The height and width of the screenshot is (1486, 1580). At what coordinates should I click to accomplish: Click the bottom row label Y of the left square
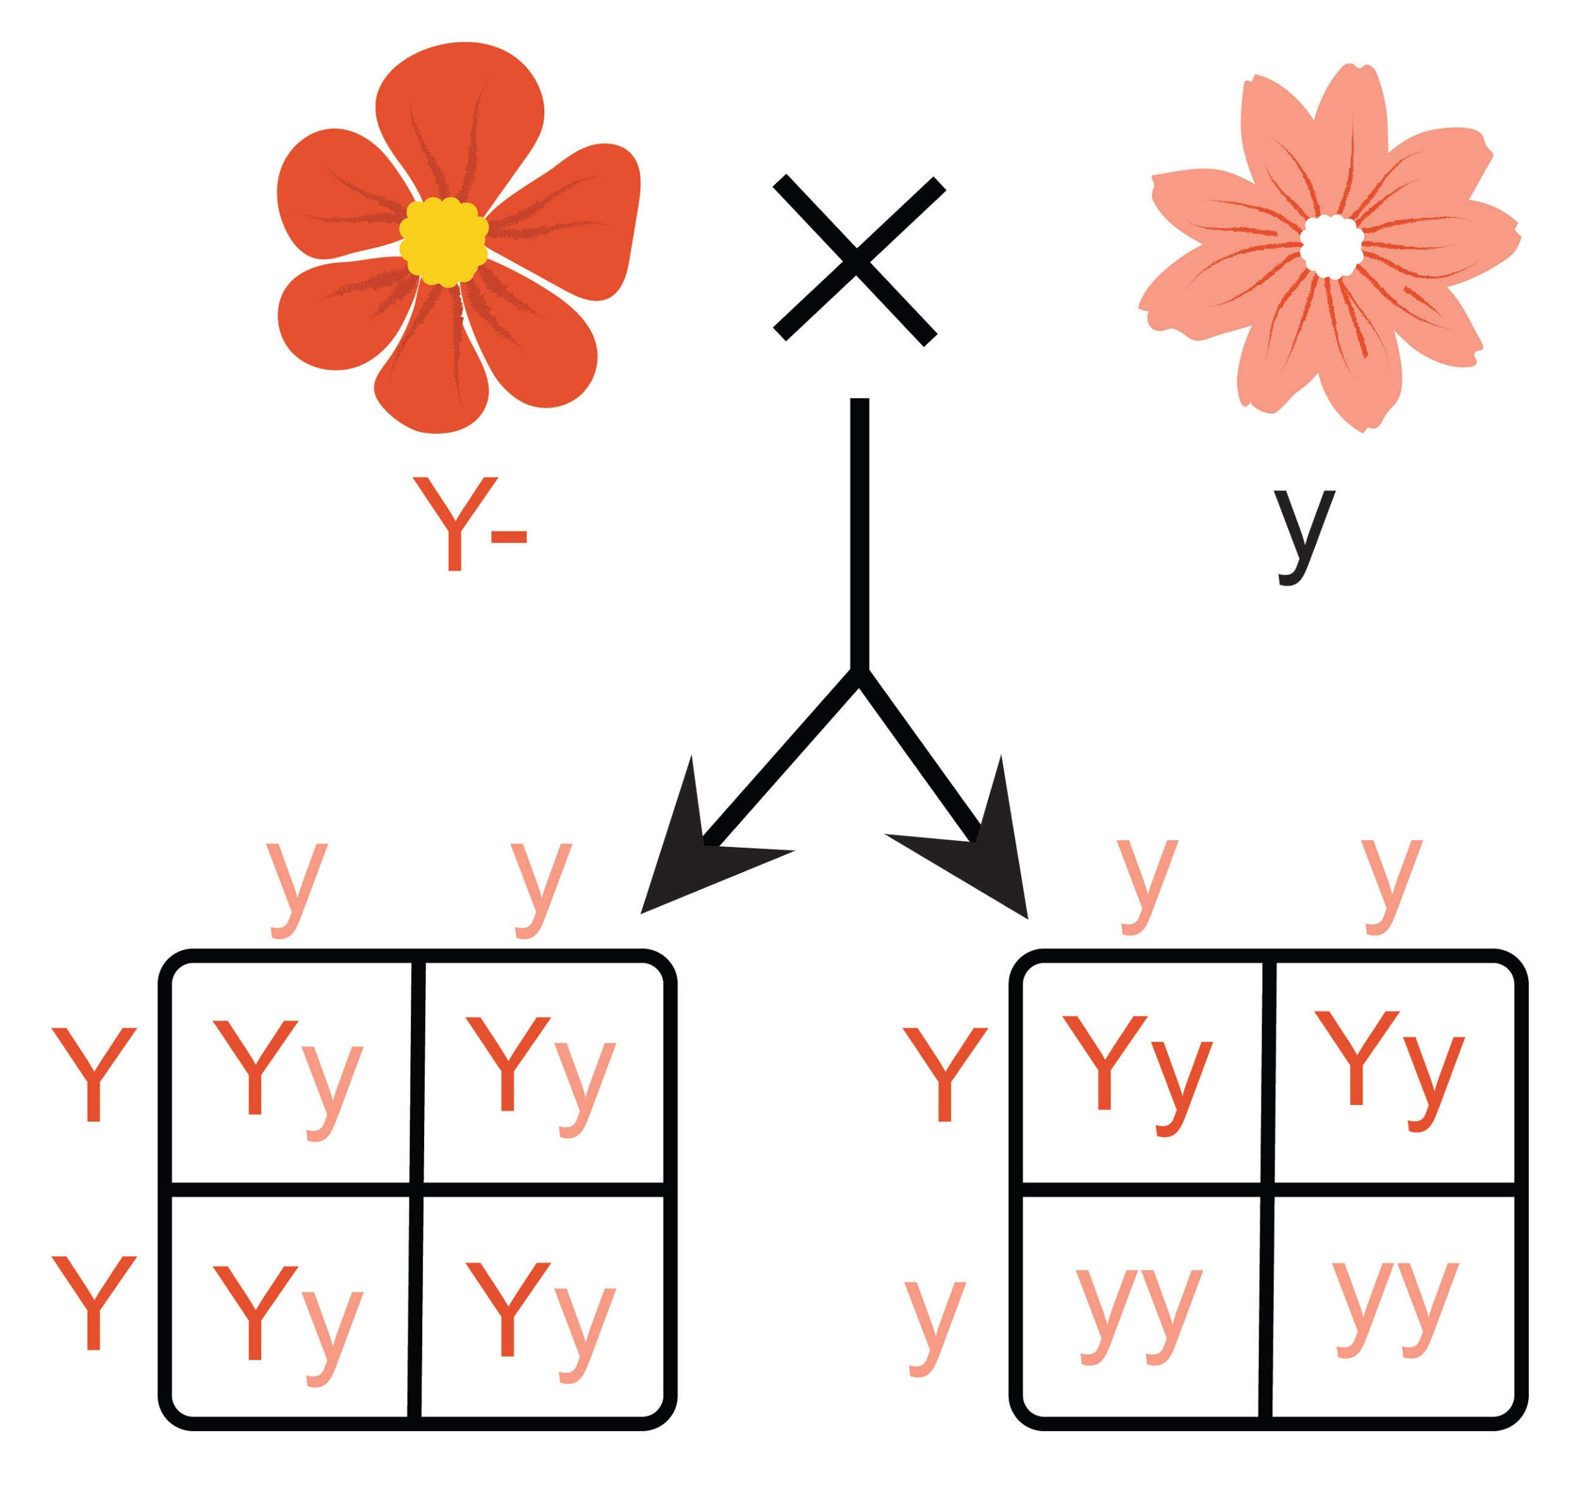[x=94, y=1302]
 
